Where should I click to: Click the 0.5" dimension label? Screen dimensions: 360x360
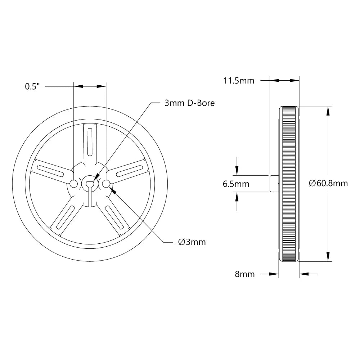pos(33,86)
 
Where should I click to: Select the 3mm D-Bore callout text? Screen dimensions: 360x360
pos(189,103)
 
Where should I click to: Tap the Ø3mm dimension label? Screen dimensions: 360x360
pos(192,242)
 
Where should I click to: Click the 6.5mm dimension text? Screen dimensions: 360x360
pos(236,184)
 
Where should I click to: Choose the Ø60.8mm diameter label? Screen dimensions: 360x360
pos(328,183)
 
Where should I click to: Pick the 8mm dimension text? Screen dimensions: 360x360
pos(245,274)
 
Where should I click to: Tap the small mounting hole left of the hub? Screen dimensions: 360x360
pos(73,184)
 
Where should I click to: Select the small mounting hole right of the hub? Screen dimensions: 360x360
pos(106,184)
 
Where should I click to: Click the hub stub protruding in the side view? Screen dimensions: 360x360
pos(274,184)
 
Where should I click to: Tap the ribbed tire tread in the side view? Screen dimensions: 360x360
pos(289,184)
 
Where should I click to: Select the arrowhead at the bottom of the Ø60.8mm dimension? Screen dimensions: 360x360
pos(328,256)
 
